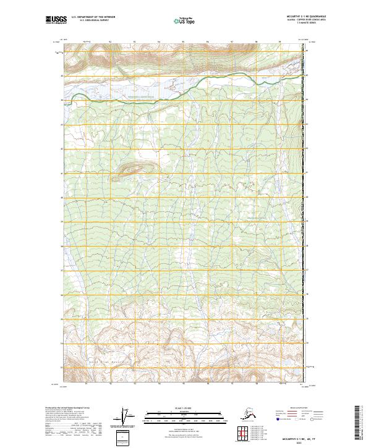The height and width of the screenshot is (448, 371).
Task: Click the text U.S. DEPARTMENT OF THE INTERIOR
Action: tap(92, 18)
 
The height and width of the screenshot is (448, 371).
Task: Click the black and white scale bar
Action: tap(182, 416)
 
